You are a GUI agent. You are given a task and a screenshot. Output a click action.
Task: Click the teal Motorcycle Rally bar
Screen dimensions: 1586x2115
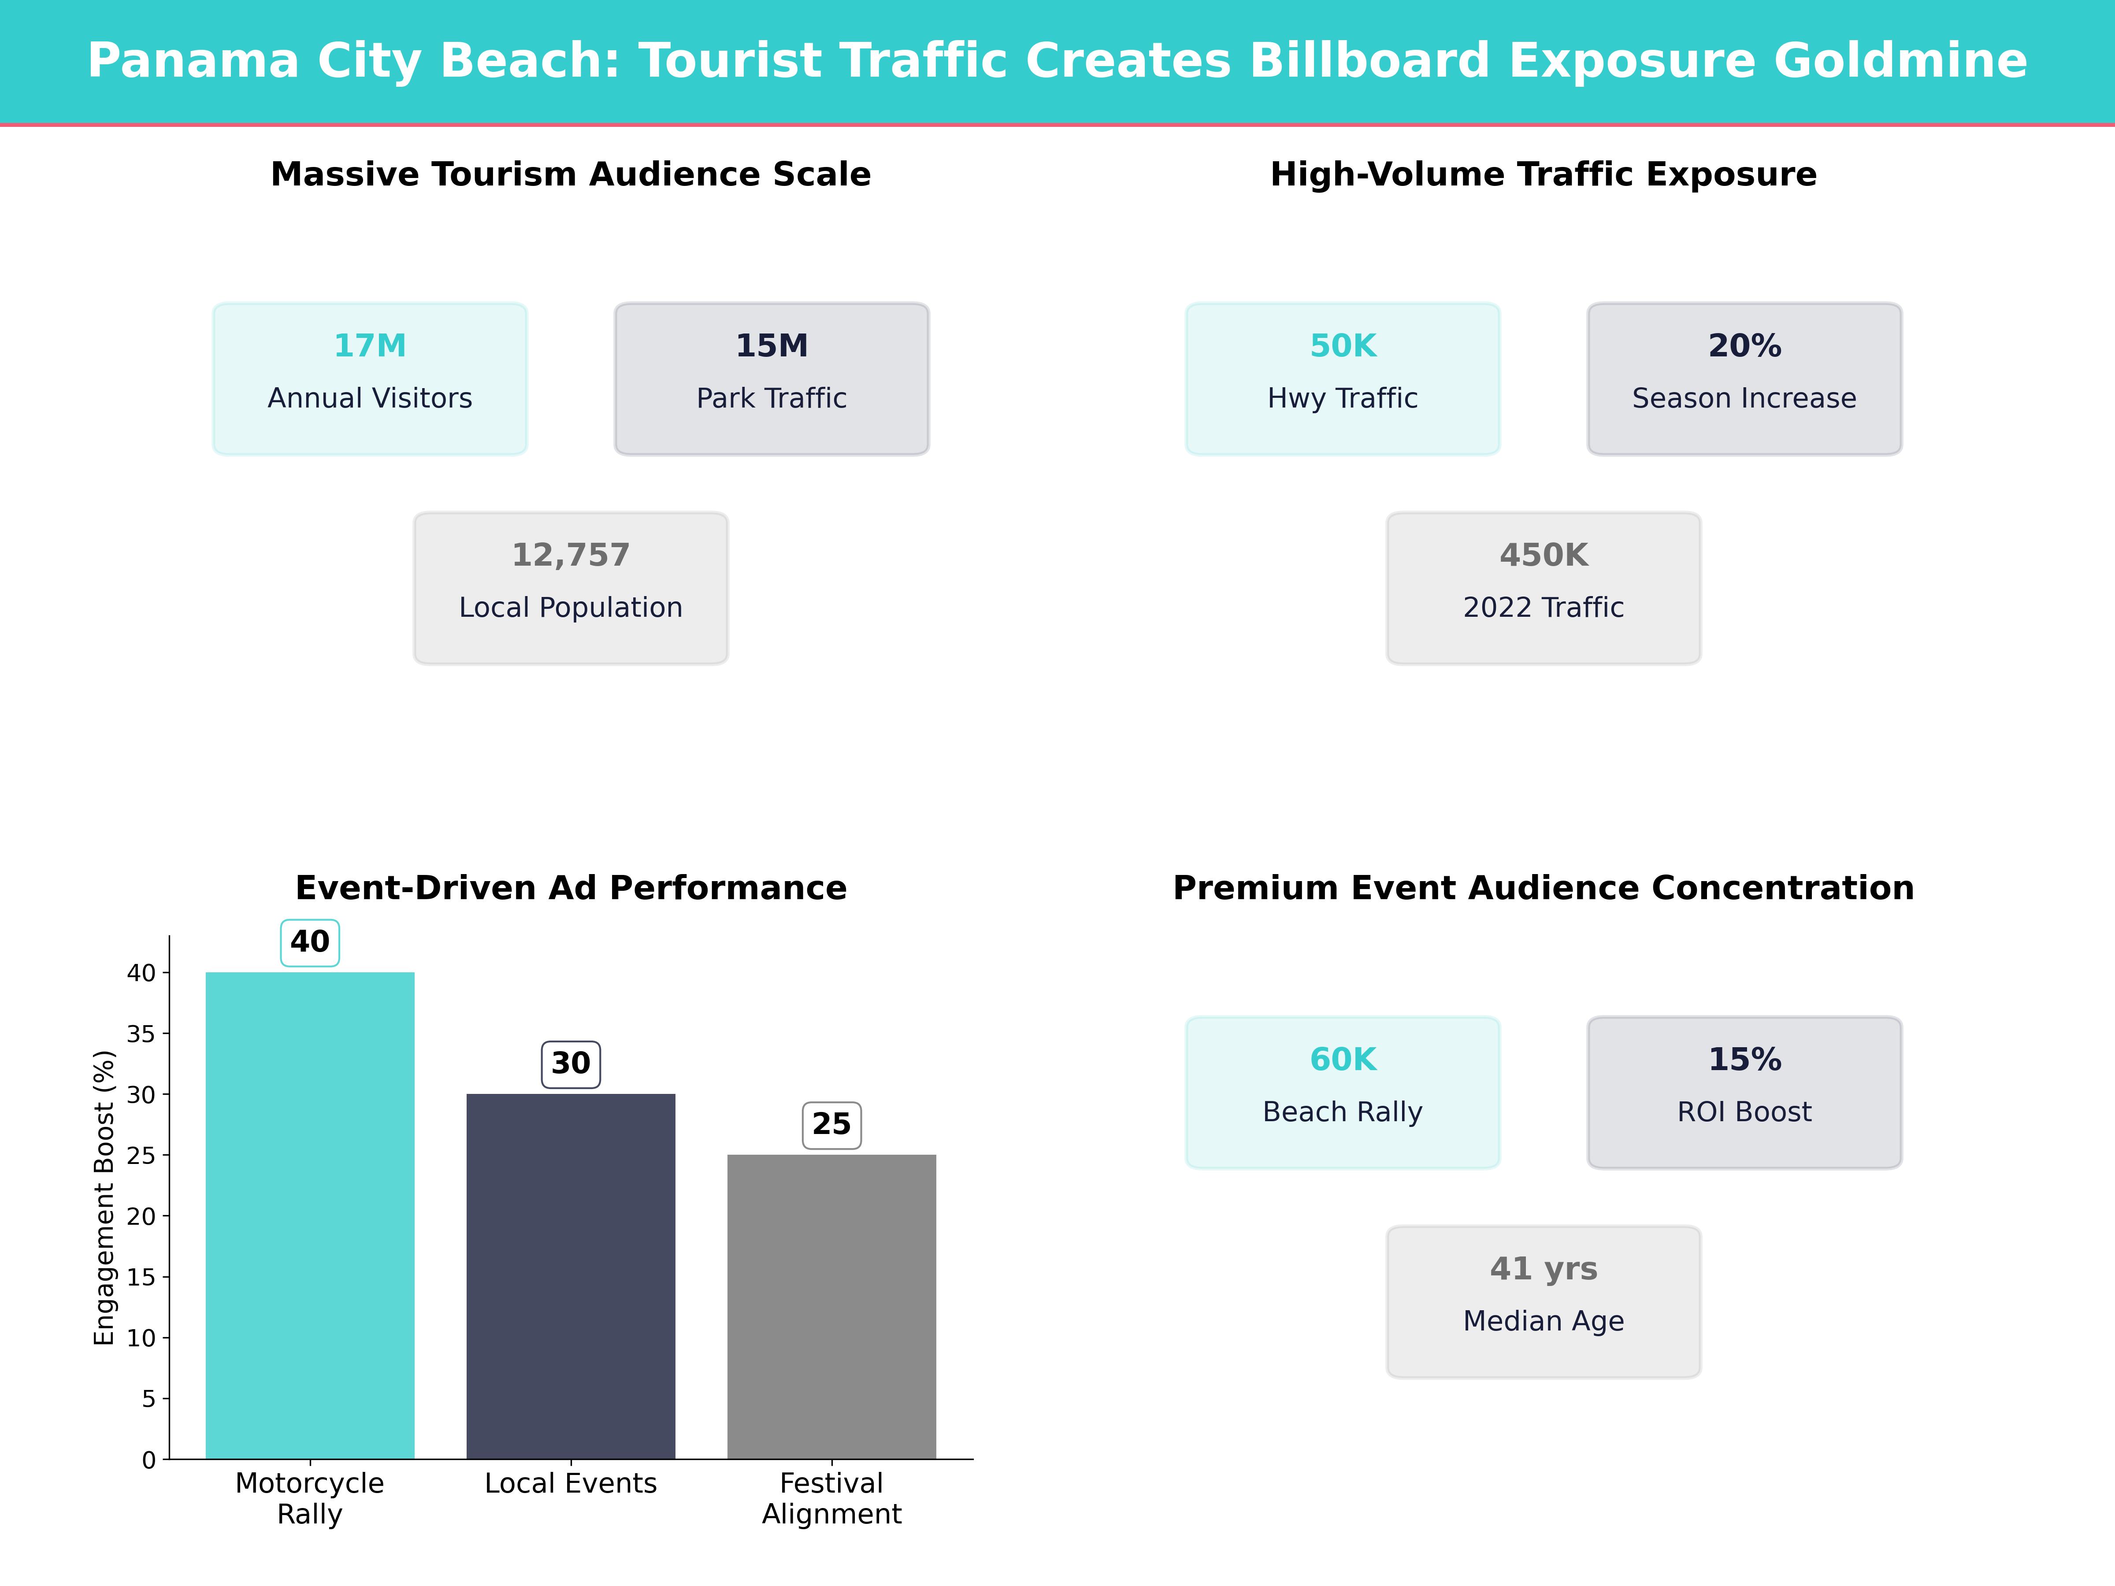point(310,1214)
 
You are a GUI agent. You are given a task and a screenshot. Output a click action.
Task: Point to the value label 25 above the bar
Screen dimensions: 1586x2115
point(831,1124)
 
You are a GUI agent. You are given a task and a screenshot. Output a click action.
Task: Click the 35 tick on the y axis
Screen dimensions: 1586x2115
point(141,1034)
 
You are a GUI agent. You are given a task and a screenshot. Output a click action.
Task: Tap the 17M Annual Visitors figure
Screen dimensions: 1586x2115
point(370,346)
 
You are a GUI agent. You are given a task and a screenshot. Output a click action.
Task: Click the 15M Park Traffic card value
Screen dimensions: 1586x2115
point(772,346)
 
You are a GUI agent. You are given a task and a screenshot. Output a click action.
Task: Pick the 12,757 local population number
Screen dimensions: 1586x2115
point(571,556)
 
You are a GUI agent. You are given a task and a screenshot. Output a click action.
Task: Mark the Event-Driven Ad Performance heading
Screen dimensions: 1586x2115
point(571,888)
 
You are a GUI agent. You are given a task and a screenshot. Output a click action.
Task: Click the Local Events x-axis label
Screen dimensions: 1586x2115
point(571,1484)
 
